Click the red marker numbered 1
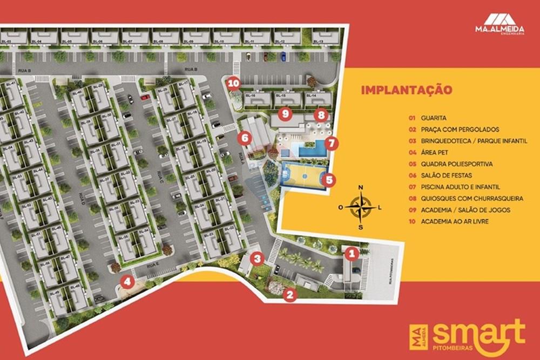[x=351, y=252]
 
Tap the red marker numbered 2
[x=290, y=295]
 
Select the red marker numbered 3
[x=258, y=259]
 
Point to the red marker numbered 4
[x=127, y=281]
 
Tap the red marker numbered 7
[x=332, y=144]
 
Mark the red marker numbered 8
[x=321, y=114]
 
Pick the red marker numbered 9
[x=286, y=113]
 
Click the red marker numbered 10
[x=233, y=83]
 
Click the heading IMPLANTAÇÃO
[x=406, y=90]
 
